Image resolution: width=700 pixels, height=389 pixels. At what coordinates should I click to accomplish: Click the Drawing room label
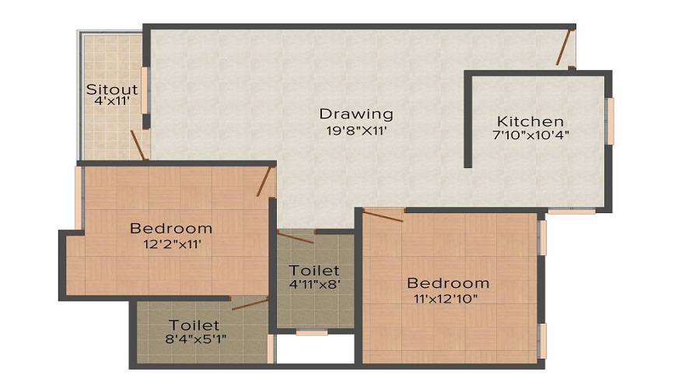pyautogui.click(x=356, y=114)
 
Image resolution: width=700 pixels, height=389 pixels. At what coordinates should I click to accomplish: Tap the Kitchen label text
pyautogui.click(x=530, y=121)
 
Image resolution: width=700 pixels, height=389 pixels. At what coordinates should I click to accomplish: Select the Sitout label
pyautogui.click(x=112, y=88)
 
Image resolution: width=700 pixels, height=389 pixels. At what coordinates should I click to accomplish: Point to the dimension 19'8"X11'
pyautogui.click(x=356, y=131)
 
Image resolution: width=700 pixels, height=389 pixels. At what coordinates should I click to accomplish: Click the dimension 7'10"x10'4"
pyautogui.click(x=530, y=135)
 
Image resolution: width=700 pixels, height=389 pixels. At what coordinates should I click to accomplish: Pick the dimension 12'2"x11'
pyautogui.click(x=171, y=244)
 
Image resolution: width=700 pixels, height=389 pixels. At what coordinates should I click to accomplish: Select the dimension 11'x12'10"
pyautogui.click(x=448, y=298)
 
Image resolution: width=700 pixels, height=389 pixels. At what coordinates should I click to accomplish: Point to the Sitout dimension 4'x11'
pyautogui.click(x=112, y=100)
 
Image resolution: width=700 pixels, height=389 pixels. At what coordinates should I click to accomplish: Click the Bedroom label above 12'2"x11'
pyautogui.click(x=171, y=229)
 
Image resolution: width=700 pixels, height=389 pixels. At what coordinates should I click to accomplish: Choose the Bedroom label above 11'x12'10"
pyautogui.click(x=448, y=283)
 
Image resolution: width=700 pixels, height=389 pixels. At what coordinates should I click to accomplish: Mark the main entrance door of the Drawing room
pyautogui.click(x=565, y=46)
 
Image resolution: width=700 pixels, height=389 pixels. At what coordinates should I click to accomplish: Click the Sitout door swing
pyautogui.click(x=138, y=145)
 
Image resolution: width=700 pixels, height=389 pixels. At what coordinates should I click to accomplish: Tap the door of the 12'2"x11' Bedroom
pyautogui.click(x=265, y=180)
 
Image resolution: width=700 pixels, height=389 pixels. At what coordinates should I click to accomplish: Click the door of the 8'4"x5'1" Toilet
pyautogui.click(x=249, y=303)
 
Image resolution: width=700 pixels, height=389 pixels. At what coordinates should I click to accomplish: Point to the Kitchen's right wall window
pyautogui.click(x=611, y=121)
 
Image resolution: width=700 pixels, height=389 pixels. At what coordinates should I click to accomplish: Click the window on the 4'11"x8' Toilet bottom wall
pyautogui.click(x=311, y=332)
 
